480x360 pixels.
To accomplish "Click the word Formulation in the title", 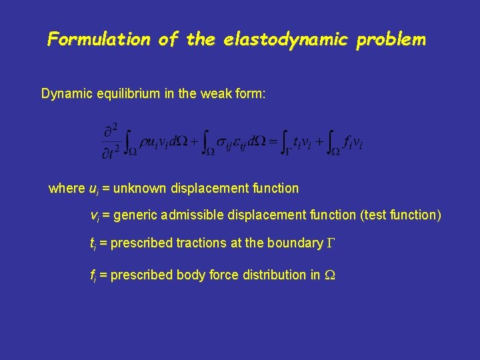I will pos(99,39).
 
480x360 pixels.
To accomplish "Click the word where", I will pos(67,189).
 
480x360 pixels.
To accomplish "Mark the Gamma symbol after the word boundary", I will pos(329,243).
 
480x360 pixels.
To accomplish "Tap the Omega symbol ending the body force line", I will pos(329,275).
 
